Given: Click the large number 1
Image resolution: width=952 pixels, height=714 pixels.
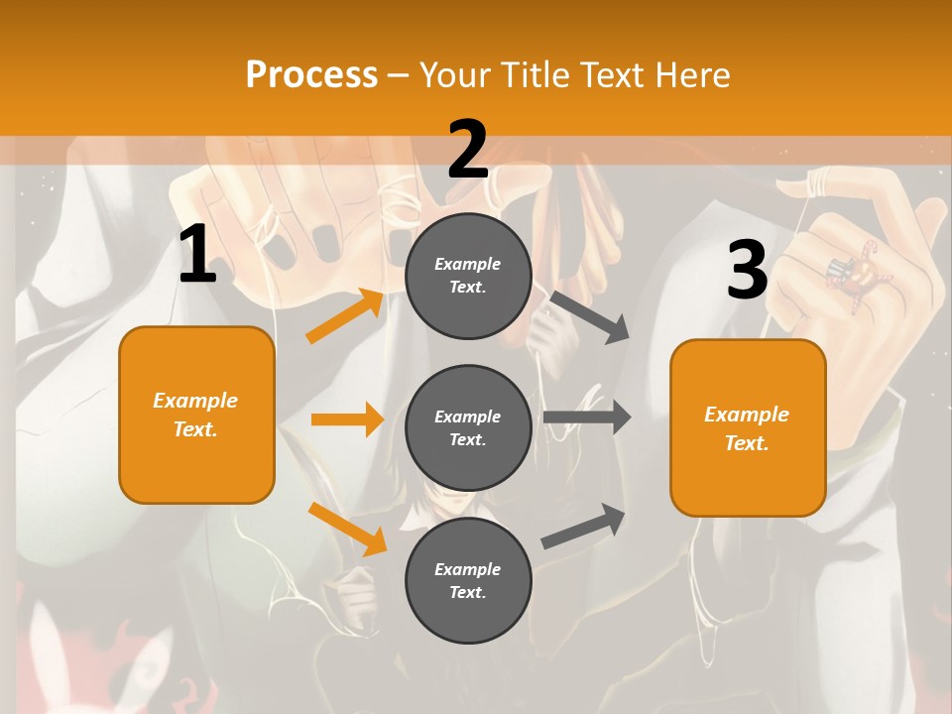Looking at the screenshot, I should click(197, 255).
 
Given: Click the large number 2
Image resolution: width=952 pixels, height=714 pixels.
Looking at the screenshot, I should click(468, 150).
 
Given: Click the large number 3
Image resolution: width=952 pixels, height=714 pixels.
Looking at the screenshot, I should click(747, 271).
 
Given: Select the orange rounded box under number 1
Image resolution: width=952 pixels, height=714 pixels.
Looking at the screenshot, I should click(196, 415).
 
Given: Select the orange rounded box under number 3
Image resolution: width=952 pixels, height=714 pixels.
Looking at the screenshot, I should click(748, 428).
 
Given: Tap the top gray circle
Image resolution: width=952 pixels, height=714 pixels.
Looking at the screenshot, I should click(468, 276).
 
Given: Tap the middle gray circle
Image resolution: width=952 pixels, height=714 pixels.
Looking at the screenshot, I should click(468, 427).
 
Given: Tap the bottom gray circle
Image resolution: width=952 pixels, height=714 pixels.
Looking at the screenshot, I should click(468, 580).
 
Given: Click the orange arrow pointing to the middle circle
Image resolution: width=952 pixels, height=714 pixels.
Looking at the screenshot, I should click(347, 419).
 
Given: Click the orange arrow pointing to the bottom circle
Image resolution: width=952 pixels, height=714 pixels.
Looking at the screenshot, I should click(347, 529).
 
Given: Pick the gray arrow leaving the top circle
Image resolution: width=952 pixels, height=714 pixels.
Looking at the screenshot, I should click(591, 316).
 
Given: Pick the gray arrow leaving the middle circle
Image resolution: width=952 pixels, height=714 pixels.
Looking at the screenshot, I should click(586, 417).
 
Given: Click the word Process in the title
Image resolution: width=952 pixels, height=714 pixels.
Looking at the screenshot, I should click(311, 74).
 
